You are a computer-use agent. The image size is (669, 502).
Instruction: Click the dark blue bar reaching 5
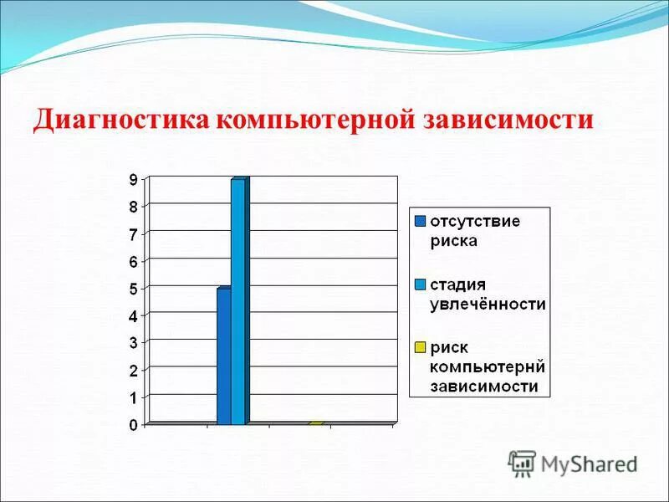pos(223,356)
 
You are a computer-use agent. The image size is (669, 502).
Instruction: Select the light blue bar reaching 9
pos(238,301)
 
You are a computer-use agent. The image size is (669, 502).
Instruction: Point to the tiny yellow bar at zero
pos(315,423)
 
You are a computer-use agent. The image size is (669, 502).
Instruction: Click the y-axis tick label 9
pos(133,178)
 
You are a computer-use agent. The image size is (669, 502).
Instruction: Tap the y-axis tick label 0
pos(133,425)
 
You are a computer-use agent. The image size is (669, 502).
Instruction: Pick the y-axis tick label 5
pos(133,288)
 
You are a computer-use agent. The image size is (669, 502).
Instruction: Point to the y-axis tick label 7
pos(133,233)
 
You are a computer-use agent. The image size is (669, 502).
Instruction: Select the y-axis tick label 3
pos(133,343)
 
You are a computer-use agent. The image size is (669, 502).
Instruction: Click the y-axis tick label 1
pos(133,397)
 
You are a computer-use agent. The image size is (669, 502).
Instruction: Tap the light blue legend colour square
pos(420,284)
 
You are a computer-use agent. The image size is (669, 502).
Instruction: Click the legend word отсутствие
pos(475,222)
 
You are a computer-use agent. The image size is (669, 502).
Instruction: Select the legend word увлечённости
pos(488,304)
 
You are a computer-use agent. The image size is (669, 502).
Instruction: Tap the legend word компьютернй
pos(487,366)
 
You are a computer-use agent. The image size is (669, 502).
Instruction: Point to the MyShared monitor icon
pos(522,464)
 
